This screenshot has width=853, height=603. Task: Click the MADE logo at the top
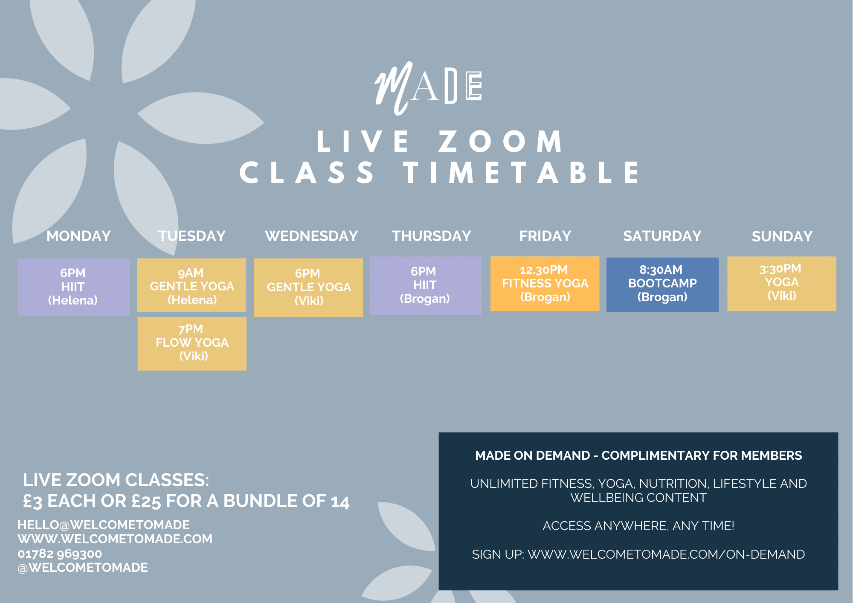(428, 88)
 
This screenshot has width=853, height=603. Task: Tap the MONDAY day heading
(78, 236)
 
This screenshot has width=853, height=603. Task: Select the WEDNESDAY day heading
(311, 236)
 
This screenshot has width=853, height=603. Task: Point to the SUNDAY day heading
(782, 236)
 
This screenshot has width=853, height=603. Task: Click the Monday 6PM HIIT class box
(73, 287)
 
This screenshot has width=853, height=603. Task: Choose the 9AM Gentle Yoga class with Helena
(191, 285)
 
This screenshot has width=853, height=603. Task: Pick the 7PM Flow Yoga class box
(192, 344)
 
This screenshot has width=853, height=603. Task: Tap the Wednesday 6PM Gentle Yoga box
(308, 287)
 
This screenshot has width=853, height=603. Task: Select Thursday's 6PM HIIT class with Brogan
(425, 285)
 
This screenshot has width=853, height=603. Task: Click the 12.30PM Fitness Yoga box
(545, 284)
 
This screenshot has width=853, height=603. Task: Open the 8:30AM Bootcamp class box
(662, 284)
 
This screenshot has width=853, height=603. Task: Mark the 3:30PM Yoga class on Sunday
(782, 284)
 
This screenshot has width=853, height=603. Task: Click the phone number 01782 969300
(60, 554)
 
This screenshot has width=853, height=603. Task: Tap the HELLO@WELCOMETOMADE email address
(104, 525)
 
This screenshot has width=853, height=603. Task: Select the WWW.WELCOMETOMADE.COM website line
(115, 539)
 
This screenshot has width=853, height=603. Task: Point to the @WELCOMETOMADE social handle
(83, 568)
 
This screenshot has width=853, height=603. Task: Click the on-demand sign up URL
(666, 554)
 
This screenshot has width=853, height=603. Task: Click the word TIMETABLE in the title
(522, 173)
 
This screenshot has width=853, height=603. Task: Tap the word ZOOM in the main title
(501, 141)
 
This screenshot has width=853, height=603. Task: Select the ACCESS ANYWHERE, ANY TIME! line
(638, 526)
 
